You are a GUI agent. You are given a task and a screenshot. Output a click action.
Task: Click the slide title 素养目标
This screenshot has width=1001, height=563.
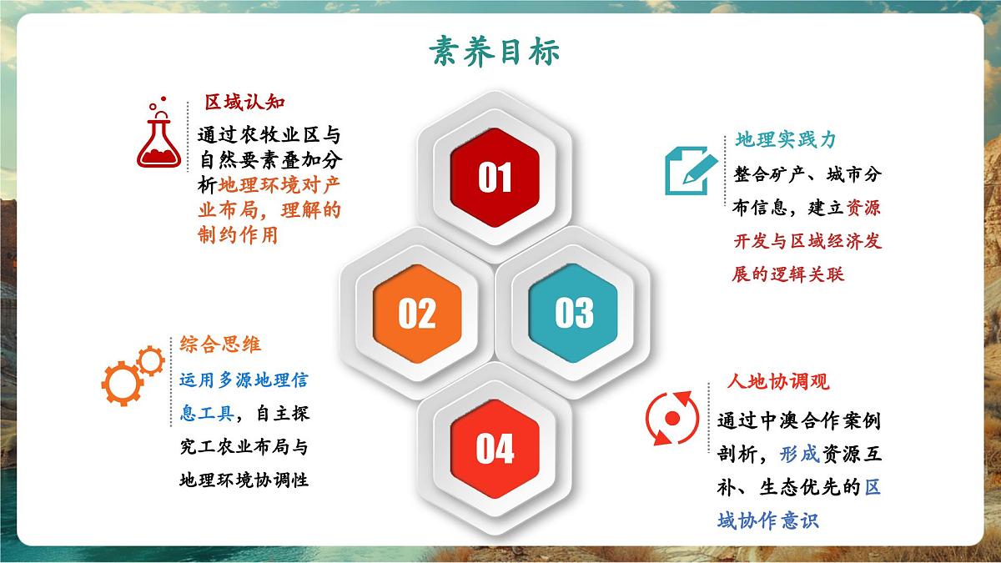[x=495, y=52]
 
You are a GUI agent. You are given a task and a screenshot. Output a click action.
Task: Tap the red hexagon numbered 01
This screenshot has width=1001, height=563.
[x=495, y=177]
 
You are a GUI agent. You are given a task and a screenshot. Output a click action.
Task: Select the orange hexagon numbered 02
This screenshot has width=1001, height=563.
[x=417, y=313]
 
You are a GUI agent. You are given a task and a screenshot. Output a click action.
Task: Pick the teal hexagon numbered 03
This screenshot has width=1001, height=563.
[x=574, y=313]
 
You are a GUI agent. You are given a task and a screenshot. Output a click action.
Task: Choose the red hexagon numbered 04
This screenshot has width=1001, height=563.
[x=495, y=449]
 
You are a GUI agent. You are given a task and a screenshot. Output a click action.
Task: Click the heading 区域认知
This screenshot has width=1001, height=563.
[x=245, y=103]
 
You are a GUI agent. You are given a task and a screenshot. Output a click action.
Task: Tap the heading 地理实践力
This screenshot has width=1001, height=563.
[x=785, y=140]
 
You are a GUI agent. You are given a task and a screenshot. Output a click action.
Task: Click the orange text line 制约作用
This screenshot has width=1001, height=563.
[x=237, y=235]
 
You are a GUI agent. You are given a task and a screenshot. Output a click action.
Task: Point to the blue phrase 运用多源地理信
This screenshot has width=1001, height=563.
[x=244, y=381]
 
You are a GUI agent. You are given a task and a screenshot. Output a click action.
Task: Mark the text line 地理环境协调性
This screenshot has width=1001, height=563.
[x=244, y=480]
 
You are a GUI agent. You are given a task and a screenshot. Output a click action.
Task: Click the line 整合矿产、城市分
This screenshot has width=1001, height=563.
[x=806, y=175]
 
